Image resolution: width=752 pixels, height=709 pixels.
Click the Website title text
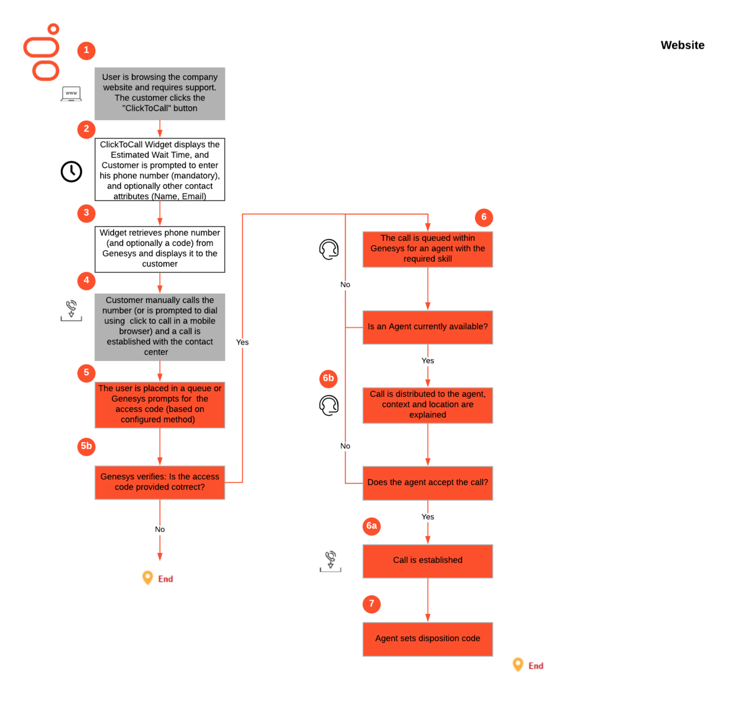682,46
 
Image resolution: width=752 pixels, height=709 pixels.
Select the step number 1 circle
86,50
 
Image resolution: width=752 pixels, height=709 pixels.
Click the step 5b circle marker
86,446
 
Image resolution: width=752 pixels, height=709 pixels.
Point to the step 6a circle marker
372,526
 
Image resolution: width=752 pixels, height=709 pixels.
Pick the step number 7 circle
372,604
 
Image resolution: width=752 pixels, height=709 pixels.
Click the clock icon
72,172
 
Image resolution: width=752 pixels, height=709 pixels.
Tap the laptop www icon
71,94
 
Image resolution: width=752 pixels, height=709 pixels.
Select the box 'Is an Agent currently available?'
427,327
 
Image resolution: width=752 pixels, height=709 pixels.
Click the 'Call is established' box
427,560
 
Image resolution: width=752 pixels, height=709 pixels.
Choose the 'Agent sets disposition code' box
427,639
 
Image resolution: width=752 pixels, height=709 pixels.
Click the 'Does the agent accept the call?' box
427,483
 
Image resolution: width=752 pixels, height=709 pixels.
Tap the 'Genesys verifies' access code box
160,482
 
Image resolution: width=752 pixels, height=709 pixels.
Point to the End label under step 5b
164,579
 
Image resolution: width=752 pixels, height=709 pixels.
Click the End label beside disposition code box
535,666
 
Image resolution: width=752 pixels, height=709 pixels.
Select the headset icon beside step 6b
329,405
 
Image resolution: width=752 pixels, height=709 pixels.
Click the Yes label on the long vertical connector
243,342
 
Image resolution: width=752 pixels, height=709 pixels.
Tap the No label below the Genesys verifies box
160,529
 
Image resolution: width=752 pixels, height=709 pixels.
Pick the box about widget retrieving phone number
160,249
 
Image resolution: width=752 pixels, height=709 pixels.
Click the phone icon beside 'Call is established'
331,560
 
